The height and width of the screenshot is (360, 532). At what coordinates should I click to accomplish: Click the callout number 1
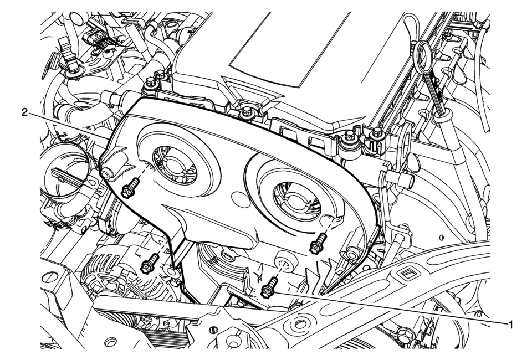point(510,325)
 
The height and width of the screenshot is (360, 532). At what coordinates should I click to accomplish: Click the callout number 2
point(25,112)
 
